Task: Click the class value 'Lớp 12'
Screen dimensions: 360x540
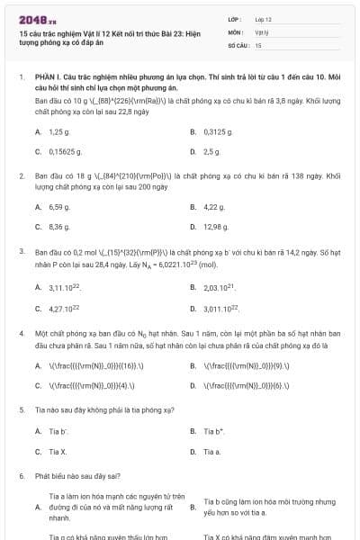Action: click(x=263, y=19)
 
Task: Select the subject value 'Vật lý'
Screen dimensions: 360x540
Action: click(x=262, y=31)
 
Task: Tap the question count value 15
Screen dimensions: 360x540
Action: click(x=258, y=44)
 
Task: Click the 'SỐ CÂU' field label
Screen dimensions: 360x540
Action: click(x=238, y=44)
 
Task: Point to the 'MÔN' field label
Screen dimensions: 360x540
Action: click(x=236, y=31)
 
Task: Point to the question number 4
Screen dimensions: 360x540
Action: click(x=20, y=333)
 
